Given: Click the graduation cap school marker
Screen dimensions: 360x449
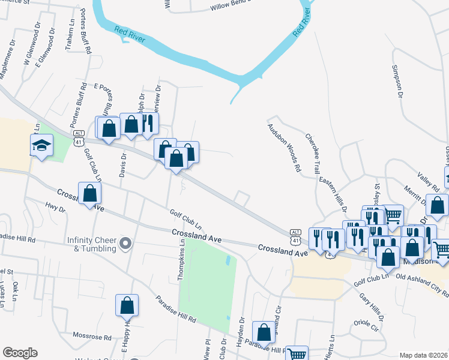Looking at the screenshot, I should pos(42,146).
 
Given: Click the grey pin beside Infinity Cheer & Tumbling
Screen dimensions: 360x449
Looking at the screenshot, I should pos(125,244).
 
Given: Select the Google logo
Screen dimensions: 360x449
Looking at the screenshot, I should pos(20,352).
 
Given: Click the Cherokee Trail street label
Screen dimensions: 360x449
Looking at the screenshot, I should pos(312,155).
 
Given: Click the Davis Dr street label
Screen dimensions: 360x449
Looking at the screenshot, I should pos(123,164).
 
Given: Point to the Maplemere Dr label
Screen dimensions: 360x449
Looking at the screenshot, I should pos(8,60).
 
